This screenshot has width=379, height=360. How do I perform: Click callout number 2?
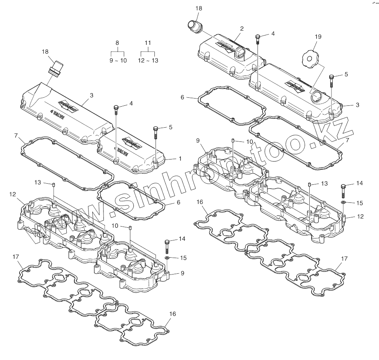pyautogui.click(x=242, y=29)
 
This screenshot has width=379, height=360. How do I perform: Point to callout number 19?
pyautogui.click(x=318, y=37)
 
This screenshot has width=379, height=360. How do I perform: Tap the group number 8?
pyautogui.click(x=117, y=43)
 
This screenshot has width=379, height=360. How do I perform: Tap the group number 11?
pyautogui.click(x=148, y=43)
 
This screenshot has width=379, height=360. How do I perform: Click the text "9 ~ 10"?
pyautogui.click(x=118, y=61)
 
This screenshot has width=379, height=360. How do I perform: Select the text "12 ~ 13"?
pyautogui.click(x=148, y=61)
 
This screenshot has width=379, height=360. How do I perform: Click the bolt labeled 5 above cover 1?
pyautogui.click(x=156, y=133)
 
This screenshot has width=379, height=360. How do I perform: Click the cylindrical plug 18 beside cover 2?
pyautogui.click(x=195, y=27)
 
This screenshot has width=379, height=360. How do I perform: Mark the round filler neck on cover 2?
pyautogui.click(x=242, y=54)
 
